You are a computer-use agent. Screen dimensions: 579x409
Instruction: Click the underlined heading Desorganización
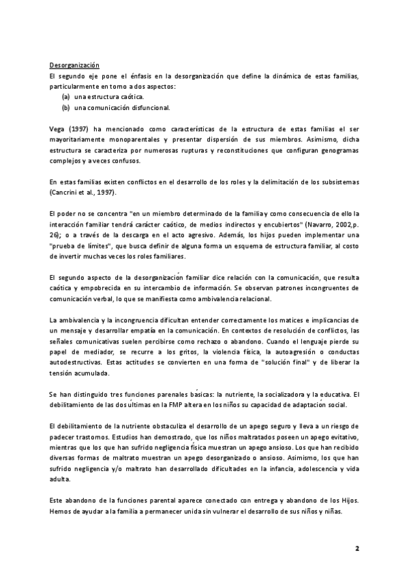pyautogui.click(x=74, y=65)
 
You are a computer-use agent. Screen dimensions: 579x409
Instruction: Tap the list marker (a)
pyautogui.click(x=66, y=97)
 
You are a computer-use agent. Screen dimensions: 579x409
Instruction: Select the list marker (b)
pyautogui.click(x=66, y=107)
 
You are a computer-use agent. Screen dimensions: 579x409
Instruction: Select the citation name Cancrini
pyautogui.click(x=66, y=193)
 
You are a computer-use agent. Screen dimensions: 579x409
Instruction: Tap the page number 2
pyautogui.click(x=357, y=548)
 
